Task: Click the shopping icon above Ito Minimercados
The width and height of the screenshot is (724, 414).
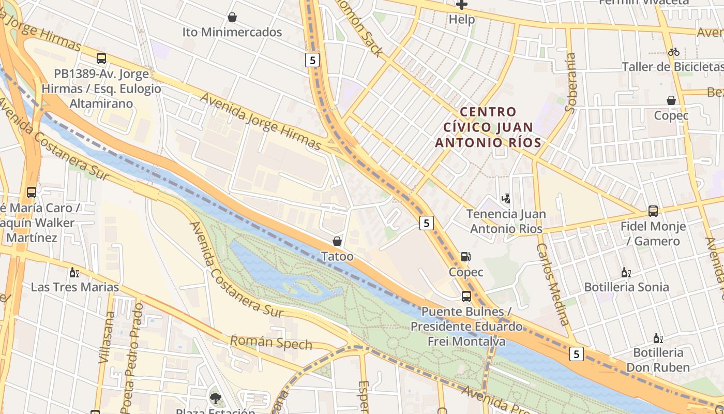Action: (232, 17)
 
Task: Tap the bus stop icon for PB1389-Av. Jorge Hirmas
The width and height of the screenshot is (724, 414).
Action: (101, 58)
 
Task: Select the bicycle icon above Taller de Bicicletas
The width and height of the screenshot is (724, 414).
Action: (673, 52)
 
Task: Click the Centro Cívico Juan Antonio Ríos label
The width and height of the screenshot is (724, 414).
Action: (488, 127)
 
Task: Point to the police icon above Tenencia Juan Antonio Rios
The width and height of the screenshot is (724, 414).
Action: (506, 198)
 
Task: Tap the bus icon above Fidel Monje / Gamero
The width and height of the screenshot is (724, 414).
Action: (653, 211)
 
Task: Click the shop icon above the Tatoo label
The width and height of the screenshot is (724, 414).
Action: (337, 241)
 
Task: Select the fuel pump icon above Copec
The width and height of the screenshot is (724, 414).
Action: (465, 257)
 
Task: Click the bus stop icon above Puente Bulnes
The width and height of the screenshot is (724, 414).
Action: (466, 297)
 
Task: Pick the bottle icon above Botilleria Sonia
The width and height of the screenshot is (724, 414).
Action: (626, 272)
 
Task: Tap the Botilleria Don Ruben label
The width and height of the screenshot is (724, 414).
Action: (658, 360)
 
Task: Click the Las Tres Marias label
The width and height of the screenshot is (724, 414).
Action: (75, 287)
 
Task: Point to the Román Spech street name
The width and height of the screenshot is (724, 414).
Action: (271, 343)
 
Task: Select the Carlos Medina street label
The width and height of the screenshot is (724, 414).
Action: (553, 284)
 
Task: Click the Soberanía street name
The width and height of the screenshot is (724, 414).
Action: (571, 83)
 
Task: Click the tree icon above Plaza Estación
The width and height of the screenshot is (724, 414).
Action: (215, 398)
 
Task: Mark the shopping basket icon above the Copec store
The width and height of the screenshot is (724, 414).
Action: (671, 100)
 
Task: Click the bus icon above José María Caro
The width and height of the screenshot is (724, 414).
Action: (32, 193)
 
